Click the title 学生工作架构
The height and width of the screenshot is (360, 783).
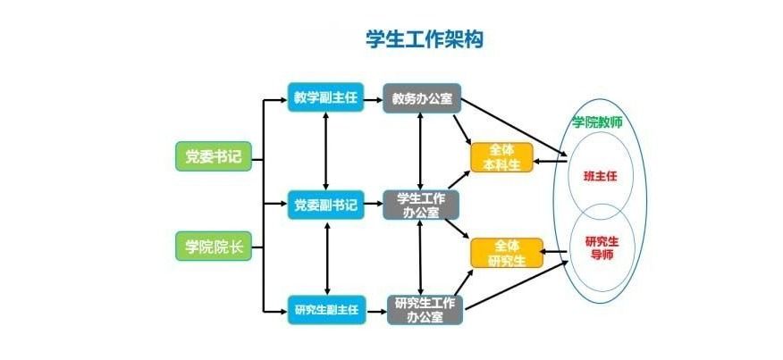425,39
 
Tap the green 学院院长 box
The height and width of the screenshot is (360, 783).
214,247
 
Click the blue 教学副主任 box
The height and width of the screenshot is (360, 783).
325,97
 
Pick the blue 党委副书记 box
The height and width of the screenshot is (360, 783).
325,205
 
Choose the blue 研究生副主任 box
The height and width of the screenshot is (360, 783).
325,310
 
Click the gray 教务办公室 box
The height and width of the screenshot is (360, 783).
420,98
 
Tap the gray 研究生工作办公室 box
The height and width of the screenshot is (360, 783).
425,309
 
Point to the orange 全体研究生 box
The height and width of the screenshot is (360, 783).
507,252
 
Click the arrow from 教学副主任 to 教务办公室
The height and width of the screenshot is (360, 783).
374,98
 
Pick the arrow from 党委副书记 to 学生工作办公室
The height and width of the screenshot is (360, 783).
374,205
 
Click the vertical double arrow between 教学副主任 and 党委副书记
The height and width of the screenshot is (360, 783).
326,150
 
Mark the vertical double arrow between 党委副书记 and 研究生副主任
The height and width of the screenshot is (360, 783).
326,257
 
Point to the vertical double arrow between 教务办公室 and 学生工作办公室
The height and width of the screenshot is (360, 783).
420,150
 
